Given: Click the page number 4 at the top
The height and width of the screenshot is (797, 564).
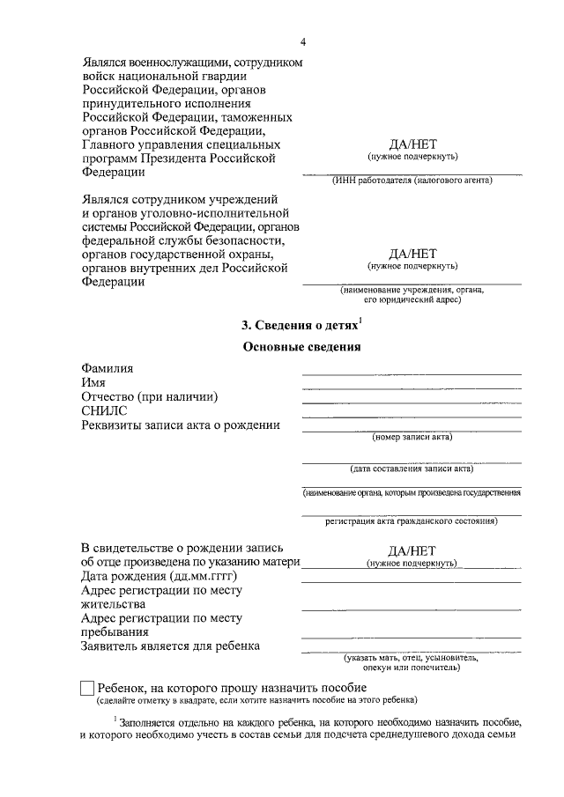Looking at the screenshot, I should [302, 41].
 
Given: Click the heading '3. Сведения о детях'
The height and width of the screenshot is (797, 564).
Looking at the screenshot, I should [300, 325].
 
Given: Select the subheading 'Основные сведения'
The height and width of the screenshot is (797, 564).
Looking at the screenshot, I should [302, 347].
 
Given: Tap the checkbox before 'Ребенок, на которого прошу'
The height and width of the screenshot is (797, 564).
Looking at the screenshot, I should [87, 688].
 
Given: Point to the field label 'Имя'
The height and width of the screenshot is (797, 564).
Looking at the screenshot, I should [93, 383].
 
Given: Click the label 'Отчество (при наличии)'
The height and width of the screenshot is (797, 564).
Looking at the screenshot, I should [149, 397].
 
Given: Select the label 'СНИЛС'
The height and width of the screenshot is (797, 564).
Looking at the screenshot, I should [104, 411].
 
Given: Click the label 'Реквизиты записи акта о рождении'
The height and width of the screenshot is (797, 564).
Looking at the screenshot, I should [181, 425].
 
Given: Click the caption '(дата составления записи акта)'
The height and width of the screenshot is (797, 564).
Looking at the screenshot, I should [412, 468].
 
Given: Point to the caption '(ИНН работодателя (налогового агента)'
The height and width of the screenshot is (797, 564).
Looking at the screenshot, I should [412, 180].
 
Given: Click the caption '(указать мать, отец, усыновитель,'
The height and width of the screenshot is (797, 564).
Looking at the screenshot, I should [412, 658].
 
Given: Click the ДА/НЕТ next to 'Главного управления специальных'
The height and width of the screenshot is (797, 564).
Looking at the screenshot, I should [412, 144].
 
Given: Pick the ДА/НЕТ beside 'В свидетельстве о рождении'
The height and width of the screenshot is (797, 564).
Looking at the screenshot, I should [412, 549].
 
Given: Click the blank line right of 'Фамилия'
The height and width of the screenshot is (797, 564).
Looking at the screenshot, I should [412, 373].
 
